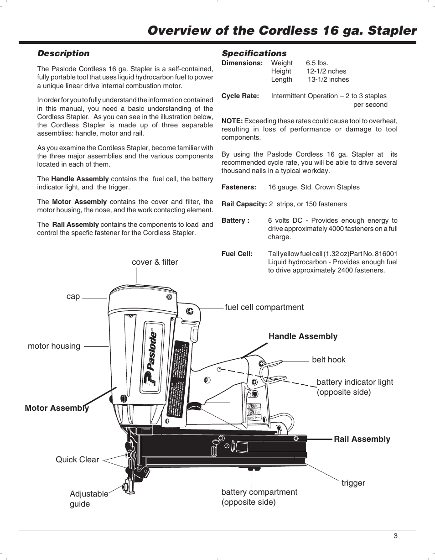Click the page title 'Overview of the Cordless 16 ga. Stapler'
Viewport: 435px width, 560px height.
tap(282, 31)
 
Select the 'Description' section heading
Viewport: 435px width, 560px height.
tap(63, 53)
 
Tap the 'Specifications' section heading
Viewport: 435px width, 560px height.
tap(254, 53)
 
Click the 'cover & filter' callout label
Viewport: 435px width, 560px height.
tap(155, 262)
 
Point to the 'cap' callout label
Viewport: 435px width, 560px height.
tap(73, 297)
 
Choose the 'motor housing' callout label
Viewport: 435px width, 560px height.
tap(54, 346)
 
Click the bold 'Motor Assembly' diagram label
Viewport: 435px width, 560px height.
tap(57, 408)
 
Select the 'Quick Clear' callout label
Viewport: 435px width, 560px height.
tap(77, 460)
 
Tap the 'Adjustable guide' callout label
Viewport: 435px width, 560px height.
tap(88, 499)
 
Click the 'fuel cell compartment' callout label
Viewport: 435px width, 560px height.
tap(264, 307)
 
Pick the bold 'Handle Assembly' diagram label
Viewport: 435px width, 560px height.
tap(303, 336)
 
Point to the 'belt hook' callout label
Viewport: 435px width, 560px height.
tap(329, 360)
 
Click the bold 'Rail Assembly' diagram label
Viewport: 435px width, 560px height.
tap(362, 439)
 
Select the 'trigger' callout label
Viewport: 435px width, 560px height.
tap(353, 483)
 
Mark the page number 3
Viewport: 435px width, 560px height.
tap(396, 536)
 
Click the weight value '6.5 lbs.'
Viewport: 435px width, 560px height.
tap(317, 63)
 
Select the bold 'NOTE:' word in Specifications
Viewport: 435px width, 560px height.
tap(232, 121)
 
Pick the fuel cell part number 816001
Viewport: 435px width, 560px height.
tap(384, 254)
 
